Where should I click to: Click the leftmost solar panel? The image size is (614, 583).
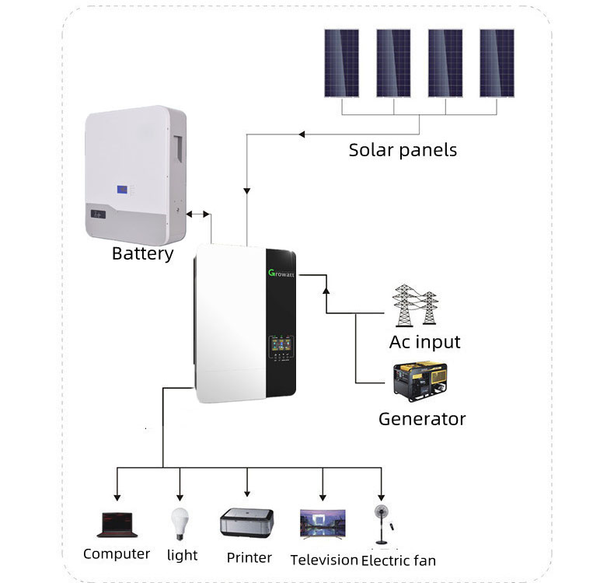click(x=341, y=63)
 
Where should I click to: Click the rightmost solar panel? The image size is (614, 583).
click(x=497, y=63)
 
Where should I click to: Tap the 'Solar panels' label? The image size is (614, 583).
click(x=403, y=149)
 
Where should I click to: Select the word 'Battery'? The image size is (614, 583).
click(x=142, y=253)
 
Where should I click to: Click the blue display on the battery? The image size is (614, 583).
click(x=123, y=189)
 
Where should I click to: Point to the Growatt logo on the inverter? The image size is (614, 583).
click(x=281, y=274)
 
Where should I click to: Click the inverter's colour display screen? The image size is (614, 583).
click(x=281, y=344)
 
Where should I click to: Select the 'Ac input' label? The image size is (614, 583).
click(x=424, y=342)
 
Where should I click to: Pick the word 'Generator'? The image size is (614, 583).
click(x=422, y=419)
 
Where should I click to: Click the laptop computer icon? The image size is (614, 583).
click(x=117, y=525)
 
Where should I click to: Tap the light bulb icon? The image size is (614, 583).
click(x=180, y=522)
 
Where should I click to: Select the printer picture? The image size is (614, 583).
click(x=247, y=523)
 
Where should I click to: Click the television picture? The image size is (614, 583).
click(x=323, y=524)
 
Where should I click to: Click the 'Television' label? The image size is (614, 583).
click(x=324, y=560)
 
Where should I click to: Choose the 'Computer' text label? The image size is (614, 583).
click(x=117, y=554)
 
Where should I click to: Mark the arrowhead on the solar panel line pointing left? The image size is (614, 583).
click(x=303, y=135)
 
